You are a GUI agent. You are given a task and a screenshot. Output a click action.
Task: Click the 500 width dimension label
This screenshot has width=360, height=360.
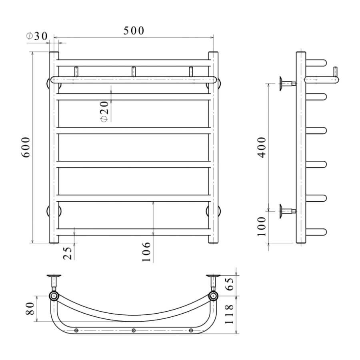point(134,31)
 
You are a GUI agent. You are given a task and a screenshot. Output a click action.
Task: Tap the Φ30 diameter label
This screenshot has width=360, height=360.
point(37,36)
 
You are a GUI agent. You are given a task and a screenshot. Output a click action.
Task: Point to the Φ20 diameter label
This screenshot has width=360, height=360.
point(104,112)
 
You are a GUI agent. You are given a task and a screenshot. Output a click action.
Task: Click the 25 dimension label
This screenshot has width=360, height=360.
point(68,253)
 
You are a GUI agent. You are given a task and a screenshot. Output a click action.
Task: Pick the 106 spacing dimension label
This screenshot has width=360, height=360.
point(146,252)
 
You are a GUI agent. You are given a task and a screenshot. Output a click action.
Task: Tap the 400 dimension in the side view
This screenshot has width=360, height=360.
point(262,147)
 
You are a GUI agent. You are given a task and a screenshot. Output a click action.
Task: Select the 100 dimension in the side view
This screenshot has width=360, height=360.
point(261,226)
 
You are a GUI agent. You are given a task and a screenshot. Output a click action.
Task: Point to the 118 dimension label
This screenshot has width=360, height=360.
point(229,314)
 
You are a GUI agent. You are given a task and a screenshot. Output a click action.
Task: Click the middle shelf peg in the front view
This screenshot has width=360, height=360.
point(133,72)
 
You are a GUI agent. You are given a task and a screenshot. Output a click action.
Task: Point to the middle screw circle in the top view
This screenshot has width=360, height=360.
point(134,330)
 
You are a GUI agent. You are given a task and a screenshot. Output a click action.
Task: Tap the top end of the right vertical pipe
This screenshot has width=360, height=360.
point(213,53)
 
